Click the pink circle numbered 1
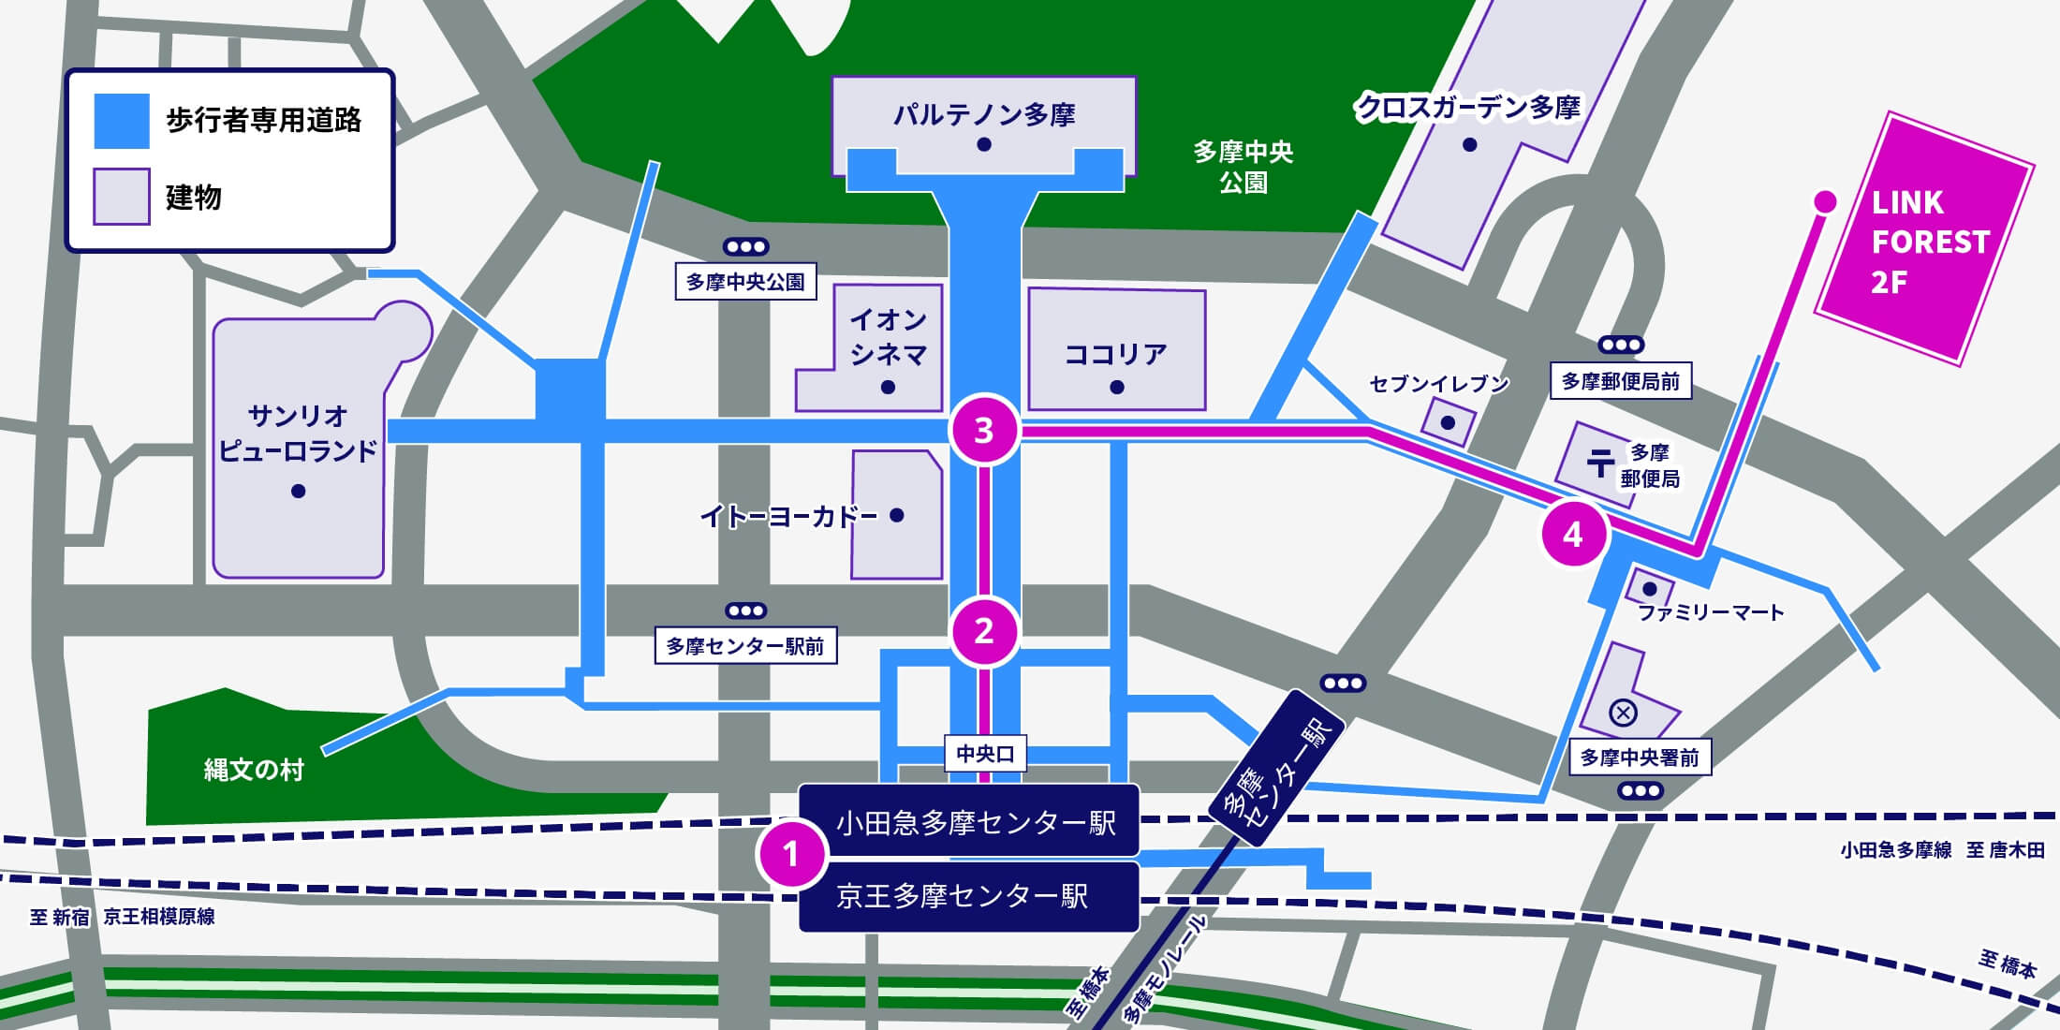(791, 853)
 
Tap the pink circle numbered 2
(984, 631)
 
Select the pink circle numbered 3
(984, 431)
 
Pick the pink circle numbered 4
(1573, 534)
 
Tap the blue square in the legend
(122, 121)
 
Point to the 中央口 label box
(984, 754)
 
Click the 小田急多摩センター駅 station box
(969, 822)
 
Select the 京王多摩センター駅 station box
(969, 897)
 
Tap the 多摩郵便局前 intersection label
(1620, 381)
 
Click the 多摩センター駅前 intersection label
(745, 646)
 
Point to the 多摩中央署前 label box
(1640, 758)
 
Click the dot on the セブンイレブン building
(1448, 422)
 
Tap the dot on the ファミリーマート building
(1650, 589)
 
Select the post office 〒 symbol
(1600, 463)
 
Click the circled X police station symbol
(1623, 714)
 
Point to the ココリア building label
(1116, 354)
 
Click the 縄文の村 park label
(254, 770)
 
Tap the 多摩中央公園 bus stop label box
(745, 282)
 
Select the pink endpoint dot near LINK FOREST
(1825, 200)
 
